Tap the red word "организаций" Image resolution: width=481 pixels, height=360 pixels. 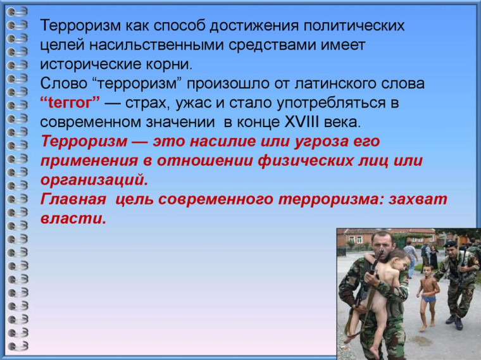(x=94, y=179)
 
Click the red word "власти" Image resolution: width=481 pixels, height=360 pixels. (x=73, y=218)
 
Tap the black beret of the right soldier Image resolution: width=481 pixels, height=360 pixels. (x=450, y=243)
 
